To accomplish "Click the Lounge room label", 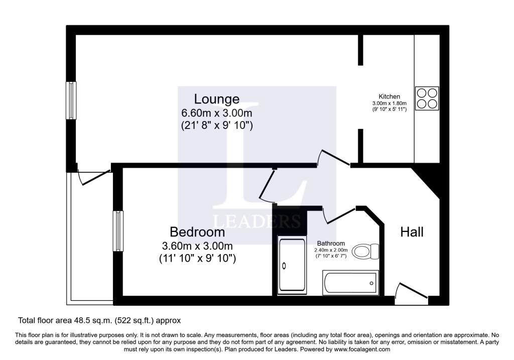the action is point(217,99).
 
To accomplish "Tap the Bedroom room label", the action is point(197,232).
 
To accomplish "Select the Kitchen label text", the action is point(389,96).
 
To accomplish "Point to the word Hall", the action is point(412,232).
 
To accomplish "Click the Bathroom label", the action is point(331,244).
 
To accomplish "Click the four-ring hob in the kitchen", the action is point(427,98).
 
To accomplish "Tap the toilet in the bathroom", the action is point(365,252).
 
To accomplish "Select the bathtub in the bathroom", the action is point(350,283).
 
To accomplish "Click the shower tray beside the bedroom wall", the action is point(292,265).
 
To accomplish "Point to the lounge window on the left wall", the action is point(71,100).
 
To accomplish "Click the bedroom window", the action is point(118,231).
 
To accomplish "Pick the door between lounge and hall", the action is point(334,158).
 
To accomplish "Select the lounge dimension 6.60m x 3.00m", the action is point(217,113).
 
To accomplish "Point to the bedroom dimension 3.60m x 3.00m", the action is point(197,246).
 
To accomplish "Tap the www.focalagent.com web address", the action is point(362,349).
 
